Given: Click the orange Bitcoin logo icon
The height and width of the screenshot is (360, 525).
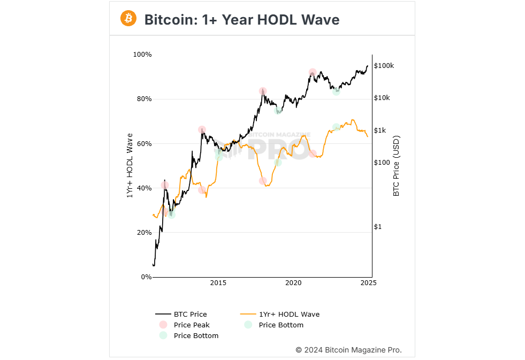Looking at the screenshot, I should tap(128, 19).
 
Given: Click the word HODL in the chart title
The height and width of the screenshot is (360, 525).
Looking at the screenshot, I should tap(278, 20).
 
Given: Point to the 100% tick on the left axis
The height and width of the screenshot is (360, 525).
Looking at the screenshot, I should tap(142, 55).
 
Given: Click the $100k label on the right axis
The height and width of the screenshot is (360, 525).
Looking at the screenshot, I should tap(384, 66).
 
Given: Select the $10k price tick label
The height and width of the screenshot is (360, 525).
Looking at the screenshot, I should tap(382, 98).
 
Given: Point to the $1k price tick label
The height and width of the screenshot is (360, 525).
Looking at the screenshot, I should tap(381, 131).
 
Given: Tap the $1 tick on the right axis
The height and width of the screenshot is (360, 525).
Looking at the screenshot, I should tap(378, 227).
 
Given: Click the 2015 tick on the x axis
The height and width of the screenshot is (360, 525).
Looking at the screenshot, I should tap(218, 283).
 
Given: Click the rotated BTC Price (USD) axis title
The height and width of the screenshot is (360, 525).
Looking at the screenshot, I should tap(397, 166).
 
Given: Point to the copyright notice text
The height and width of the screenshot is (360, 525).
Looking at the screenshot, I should tap(348, 350).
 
